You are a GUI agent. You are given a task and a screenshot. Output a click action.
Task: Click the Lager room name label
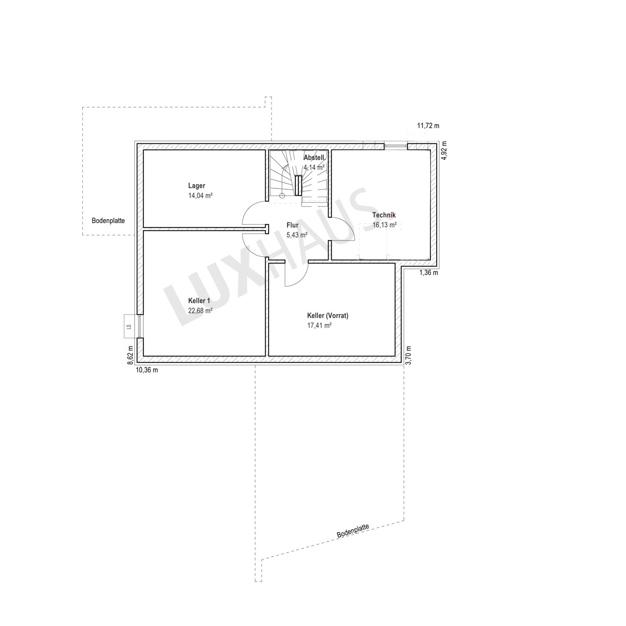[197, 186]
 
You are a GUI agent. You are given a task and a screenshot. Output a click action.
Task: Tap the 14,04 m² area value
[200, 196]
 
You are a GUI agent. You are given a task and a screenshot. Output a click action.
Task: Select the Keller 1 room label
[199, 301]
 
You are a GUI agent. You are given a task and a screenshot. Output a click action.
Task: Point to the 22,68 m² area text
[200, 311]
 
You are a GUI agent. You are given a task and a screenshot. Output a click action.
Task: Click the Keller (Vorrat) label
[328, 315]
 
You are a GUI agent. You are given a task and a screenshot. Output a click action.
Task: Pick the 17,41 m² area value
[319, 326]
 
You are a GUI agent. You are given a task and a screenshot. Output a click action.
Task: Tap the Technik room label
[383, 215]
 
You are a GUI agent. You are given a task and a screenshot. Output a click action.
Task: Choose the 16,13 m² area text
[384, 225]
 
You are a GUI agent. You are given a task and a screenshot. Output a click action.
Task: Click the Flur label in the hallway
[292, 225]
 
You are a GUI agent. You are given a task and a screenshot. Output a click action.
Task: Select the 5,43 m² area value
[297, 235]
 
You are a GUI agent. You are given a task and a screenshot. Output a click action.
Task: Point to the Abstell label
[314, 158]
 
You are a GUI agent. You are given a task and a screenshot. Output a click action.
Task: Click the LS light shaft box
[129, 327]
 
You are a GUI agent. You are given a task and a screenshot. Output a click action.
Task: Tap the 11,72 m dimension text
[428, 126]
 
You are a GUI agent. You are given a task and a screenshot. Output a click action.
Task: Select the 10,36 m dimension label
[147, 370]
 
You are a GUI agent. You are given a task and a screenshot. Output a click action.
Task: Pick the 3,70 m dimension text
[408, 356]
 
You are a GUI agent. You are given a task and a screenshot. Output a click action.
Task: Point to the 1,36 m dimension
[428, 273]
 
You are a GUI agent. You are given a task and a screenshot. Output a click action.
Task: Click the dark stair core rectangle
[298, 185]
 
